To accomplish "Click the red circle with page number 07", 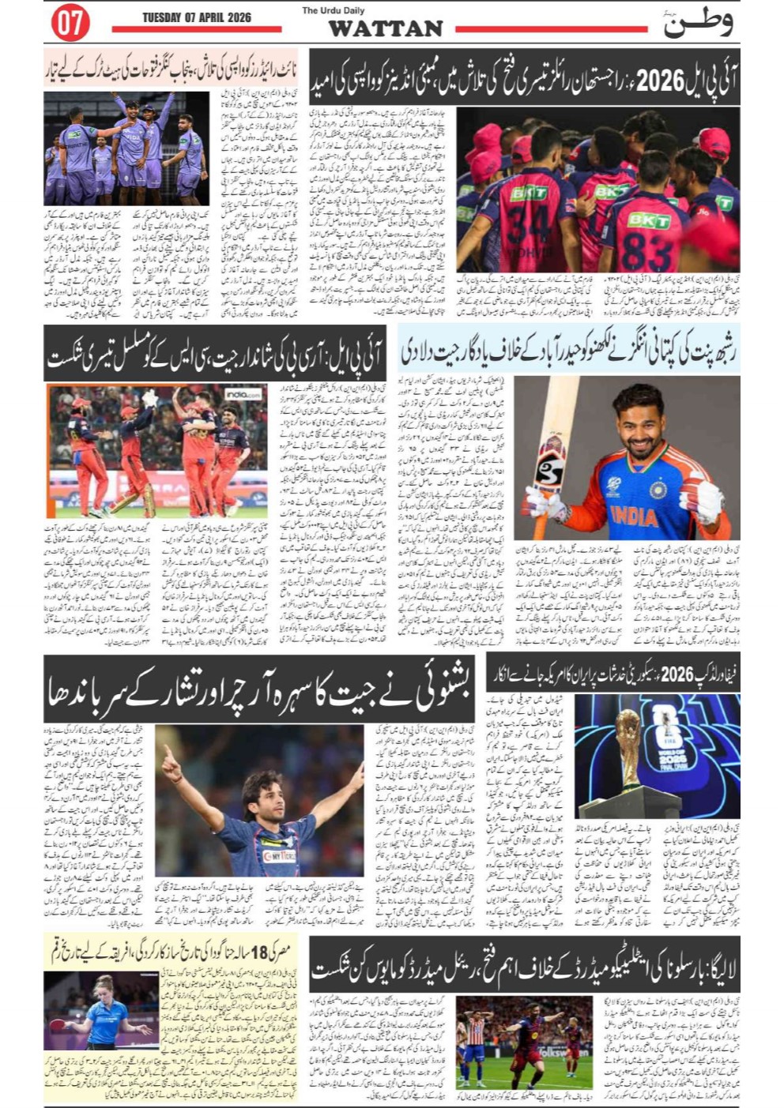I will [70, 23].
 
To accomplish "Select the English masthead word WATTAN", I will [385, 29].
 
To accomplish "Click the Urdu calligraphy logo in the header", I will [697, 22].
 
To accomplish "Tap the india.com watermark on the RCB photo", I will [243, 393].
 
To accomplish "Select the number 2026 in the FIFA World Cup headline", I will [677, 675].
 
